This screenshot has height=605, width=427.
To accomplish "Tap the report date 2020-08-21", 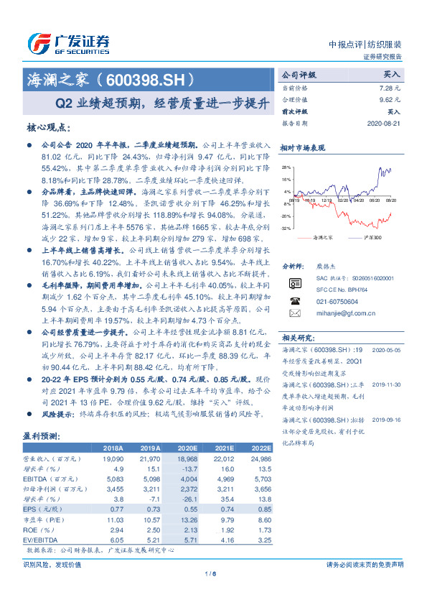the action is click(385, 123).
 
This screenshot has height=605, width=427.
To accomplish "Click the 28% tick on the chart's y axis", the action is click(287, 166).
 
